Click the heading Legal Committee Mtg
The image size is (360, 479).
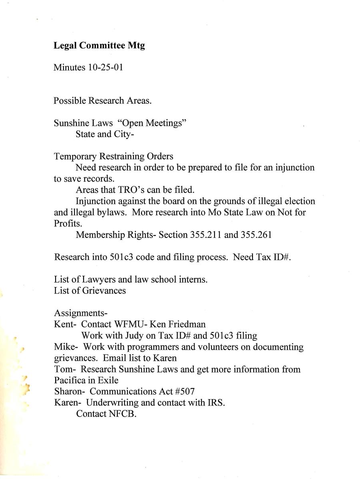click(99, 45)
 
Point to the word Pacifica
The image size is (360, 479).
click(70, 380)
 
